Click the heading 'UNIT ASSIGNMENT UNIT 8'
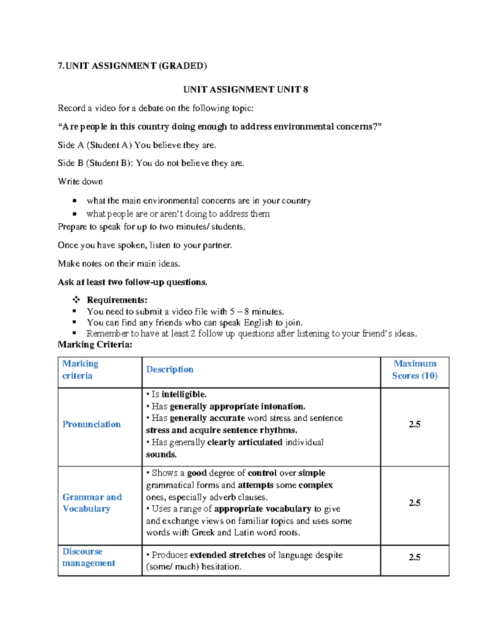(x=245, y=90)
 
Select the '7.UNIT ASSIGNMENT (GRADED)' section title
(x=132, y=66)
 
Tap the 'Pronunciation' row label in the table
(x=92, y=424)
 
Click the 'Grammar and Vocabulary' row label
(x=92, y=503)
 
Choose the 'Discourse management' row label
(x=88, y=557)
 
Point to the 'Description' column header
(x=170, y=369)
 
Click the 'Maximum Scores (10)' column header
(x=414, y=369)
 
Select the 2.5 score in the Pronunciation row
(x=414, y=424)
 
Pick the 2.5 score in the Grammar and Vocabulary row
(x=414, y=503)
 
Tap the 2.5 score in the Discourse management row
(x=414, y=557)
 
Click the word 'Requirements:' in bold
(x=117, y=300)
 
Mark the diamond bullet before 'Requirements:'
(x=76, y=300)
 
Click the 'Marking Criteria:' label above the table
(x=95, y=344)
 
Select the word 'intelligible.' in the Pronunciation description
(x=184, y=394)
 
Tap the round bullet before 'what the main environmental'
(x=74, y=201)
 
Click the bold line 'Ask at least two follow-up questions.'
(x=133, y=282)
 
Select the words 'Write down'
(x=80, y=181)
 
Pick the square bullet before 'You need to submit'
(x=74, y=311)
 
